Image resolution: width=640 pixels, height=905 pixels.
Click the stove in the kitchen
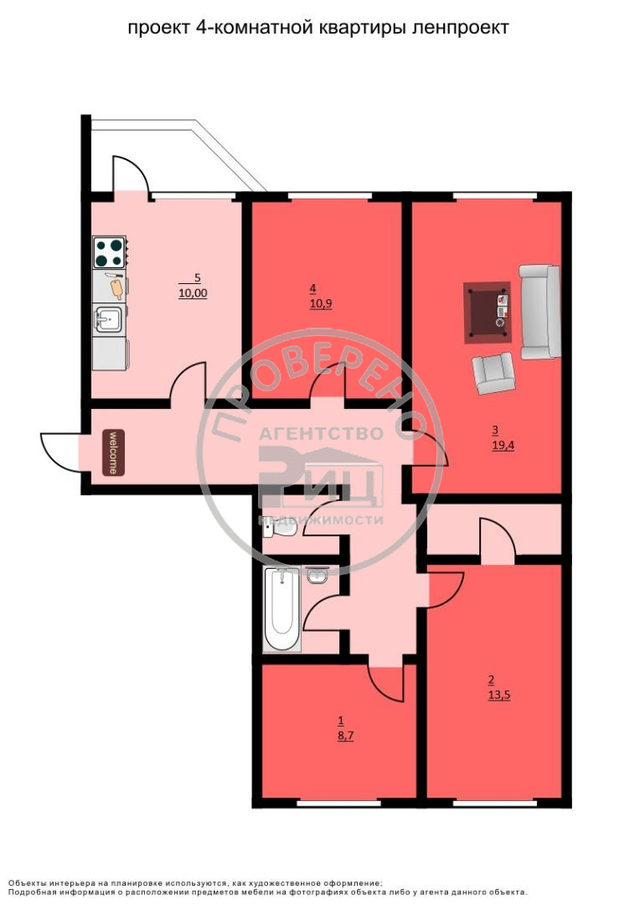(x=109, y=251)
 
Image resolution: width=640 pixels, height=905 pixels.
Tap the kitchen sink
(x=108, y=319)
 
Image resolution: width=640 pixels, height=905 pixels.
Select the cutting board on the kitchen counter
(x=116, y=287)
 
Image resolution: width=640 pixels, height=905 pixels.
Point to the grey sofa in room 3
(x=540, y=312)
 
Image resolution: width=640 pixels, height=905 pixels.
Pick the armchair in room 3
(x=493, y=373)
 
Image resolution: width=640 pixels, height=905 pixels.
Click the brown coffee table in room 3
(x=488, y=313)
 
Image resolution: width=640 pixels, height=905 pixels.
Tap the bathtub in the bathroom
(x=281, y=609)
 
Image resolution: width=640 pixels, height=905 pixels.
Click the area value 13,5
(x=499, y=696)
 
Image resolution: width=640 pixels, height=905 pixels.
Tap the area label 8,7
(x=346, y=736)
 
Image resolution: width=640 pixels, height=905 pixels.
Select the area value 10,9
(x=321, y=303)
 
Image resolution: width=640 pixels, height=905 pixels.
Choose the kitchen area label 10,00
(x=193, y=293)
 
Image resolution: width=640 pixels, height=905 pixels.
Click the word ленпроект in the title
(x=461, y=27)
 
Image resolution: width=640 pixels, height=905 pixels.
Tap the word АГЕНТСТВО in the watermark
(x=321, y=433)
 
